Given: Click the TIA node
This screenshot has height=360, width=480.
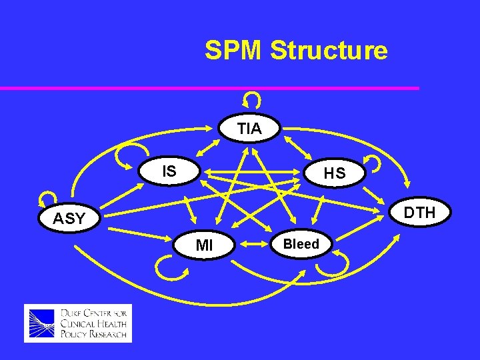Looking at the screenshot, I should pos(249,129).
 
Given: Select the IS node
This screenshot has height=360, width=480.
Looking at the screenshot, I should pos(169,171).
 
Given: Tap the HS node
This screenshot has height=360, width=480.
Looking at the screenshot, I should pos(334,174).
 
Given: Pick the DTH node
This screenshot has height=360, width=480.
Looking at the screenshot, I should pos(419,213).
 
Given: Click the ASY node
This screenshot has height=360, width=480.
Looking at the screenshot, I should pos(69,219).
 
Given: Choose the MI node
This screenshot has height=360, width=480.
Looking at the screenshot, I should pos(205,245).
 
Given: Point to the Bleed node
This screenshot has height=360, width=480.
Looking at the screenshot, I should pos(301,244).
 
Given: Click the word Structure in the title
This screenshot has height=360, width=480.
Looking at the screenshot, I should pos(329,51).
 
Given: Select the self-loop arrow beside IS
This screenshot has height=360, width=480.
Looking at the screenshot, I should pos(125,158).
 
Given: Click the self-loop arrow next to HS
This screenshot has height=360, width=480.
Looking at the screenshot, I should pos(373,163).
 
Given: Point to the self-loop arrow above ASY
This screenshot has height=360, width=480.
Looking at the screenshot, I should pos(47,199).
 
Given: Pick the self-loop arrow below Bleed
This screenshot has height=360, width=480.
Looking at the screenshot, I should pos(332,266).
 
